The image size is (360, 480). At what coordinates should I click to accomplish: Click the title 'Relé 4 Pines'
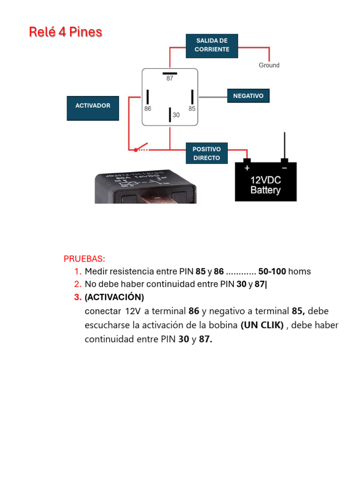point(66,32)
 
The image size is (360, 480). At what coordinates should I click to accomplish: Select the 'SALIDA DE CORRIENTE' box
point(212,45)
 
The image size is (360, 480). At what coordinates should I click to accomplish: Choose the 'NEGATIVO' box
point(248,96)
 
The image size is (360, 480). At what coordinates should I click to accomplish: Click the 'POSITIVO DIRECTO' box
point(206,154)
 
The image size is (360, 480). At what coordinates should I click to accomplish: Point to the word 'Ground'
point(269,66)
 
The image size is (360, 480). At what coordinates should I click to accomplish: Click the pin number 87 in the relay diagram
point(170,79)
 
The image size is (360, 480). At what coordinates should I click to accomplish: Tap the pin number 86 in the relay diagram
point(148,108)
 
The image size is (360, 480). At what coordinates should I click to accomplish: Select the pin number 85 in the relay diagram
point(192,108)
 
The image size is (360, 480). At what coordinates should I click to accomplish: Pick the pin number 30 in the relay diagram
point(176,115)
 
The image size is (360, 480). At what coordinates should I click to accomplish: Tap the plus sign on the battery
point(247,168)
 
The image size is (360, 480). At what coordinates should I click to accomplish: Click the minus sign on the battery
point(284,168)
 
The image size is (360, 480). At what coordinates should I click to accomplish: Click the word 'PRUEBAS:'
point(84,259)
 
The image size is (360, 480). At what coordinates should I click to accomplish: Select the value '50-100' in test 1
point(272,271)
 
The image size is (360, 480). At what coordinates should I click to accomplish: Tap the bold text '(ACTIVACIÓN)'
point(114,298)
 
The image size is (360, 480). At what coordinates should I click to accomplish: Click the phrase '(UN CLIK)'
point(262,325)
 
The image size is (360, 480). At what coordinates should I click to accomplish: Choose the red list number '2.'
point(78,284)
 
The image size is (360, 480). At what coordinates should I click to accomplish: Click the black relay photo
point(145,187)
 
